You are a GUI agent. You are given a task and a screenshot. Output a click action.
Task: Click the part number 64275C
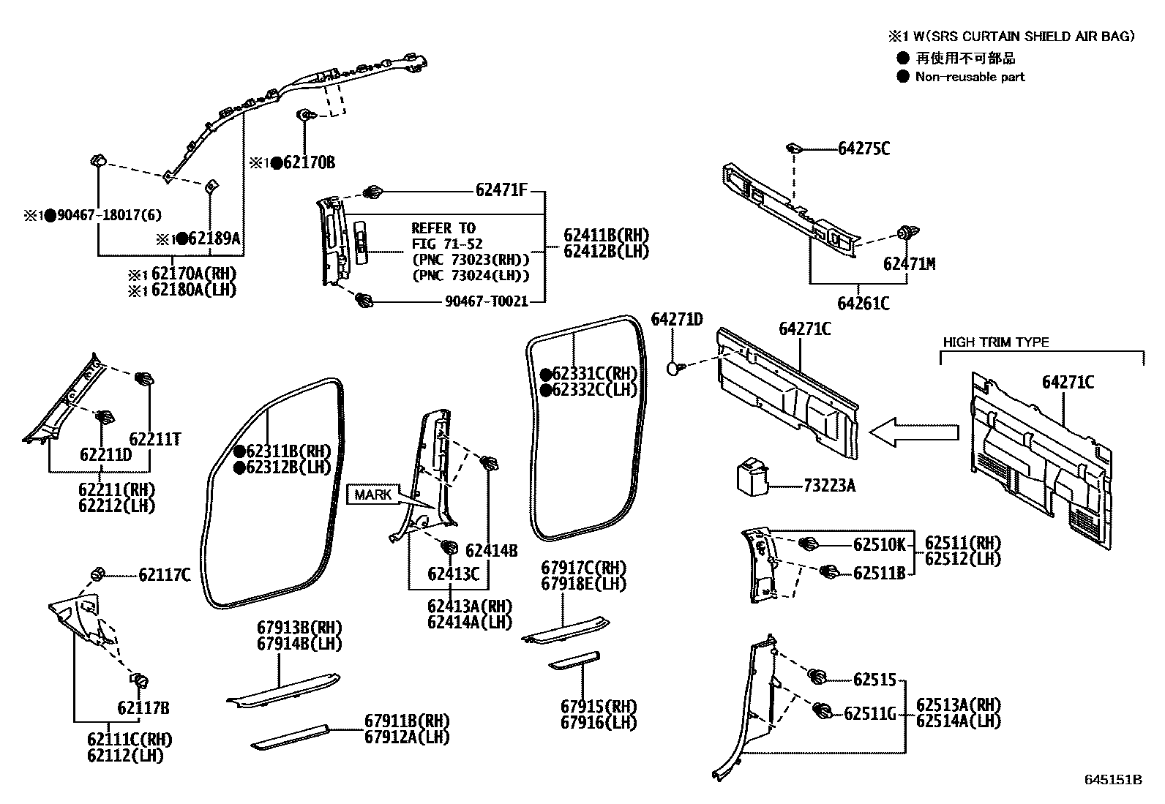[864, 149]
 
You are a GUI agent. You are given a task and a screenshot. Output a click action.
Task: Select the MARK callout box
[373, 495]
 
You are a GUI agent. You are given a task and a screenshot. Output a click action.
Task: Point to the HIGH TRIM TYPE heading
[995, 342]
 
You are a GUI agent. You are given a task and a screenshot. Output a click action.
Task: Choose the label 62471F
[501, 190]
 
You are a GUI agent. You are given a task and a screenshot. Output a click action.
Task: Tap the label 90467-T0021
[486, 301]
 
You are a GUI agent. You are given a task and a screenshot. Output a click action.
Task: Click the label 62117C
[164, 575]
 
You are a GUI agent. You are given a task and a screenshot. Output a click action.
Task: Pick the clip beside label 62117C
[97, 573]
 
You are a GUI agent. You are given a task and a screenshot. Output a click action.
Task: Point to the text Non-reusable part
[970, 77]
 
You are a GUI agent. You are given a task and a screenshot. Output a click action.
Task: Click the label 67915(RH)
[599, 706]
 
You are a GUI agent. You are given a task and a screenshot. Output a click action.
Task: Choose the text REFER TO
[443, 228]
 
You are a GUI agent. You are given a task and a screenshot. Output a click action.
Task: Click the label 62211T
[154, 439]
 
